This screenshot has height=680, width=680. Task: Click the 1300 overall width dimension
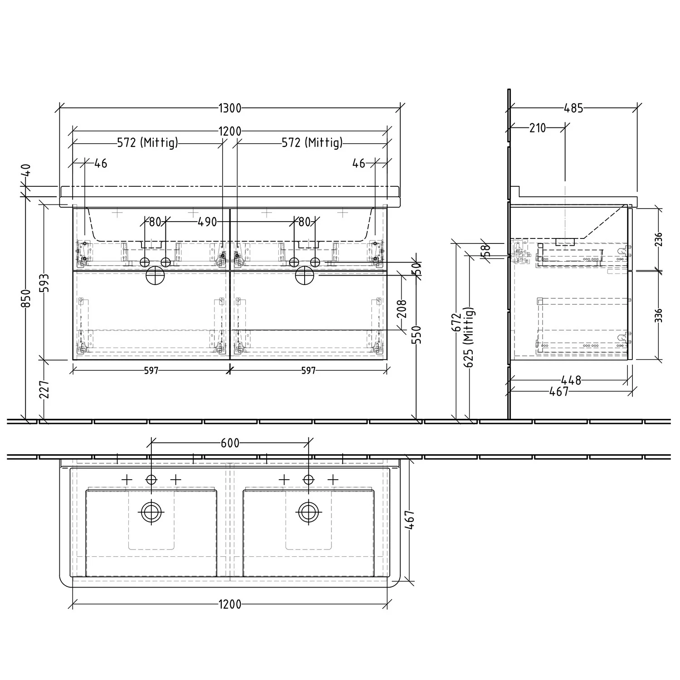pos(230,108)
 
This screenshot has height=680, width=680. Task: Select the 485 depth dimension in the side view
pos(573,108)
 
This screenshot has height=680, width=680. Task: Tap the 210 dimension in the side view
pos(537,128)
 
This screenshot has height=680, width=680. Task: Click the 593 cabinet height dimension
pos(45,282)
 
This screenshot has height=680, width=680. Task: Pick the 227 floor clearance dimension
pos(45,389)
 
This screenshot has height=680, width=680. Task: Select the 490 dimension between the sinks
pos(207,222)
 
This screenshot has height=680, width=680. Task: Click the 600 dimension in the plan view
pos(230,443)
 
